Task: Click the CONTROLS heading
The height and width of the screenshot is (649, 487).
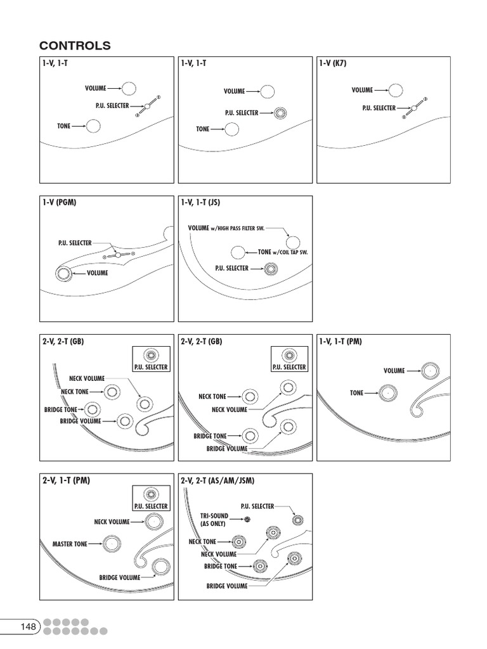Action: click(x=75, y=46)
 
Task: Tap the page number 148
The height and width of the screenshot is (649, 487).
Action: click(x=28, y=627)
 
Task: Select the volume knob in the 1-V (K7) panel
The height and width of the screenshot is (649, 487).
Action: click(x=395, y=91)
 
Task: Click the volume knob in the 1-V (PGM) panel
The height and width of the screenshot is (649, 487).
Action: click(x=63, y=274)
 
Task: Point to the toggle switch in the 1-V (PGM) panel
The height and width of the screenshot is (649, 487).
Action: click(x=117, y=255)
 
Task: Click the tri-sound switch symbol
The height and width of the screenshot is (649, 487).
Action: click(x=248, y=520)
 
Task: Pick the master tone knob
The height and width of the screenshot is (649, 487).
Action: click(x=111, y=544)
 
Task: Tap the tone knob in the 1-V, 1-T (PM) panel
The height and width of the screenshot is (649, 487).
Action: click(x=385, y=394)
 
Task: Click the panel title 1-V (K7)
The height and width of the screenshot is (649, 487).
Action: click(x=333, y=63)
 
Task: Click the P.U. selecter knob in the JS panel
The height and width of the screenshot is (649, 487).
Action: click(x=271, y=269)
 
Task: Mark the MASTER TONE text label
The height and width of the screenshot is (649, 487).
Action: click(x=70, y=544)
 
